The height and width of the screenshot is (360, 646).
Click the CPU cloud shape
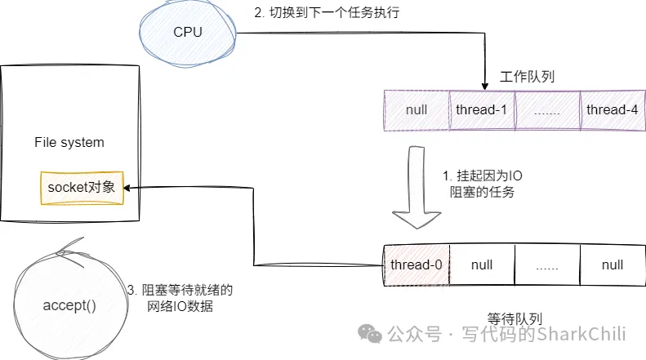(x=186, y=32)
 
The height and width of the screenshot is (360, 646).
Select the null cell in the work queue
(x=417, y=110)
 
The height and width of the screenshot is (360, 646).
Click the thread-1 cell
(x=483, y=110)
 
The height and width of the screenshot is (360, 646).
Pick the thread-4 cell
(x=613, y=110)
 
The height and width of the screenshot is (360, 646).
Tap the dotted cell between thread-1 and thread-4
(x=548, y=110)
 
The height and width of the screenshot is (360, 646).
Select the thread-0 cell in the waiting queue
(x=417, y=264)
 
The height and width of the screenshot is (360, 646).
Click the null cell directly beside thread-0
(x=483, y=264)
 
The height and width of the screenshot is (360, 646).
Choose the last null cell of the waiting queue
(x=613, y=264)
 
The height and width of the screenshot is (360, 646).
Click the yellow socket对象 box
(x=81, y=188)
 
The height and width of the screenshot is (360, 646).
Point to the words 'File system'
(x=69, y=142)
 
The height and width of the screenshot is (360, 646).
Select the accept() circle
(x=69, y=306)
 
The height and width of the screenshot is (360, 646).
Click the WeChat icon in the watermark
(x=372, y=334)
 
